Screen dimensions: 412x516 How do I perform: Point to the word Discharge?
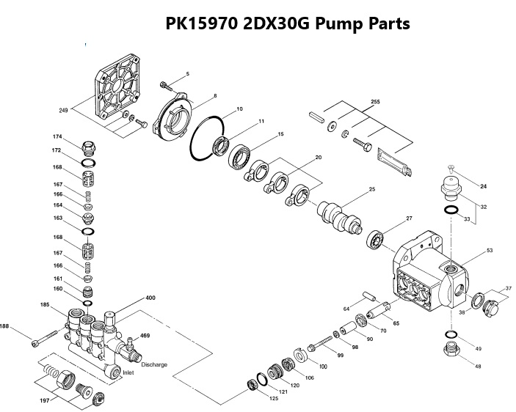[x=154, y=364]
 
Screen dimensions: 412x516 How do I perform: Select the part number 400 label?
[x=150, y=298]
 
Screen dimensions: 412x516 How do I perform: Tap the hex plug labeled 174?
[x=88, y=144]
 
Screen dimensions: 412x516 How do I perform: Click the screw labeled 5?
[x=165, y=84]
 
